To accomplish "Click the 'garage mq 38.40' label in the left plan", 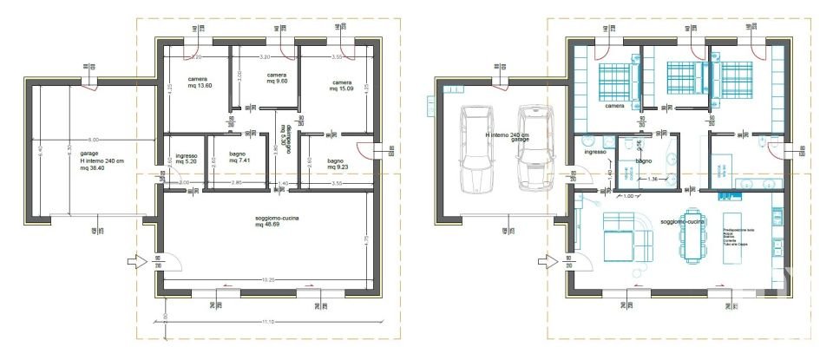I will pyautogui.click(x=91, y=160).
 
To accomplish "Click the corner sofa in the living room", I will pyautogui.click(x=630, y=236).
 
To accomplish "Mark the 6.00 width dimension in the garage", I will pyautogui.click(x=93, y=139).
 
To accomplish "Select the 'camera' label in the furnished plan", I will pyautogui.click(x=615, y=106).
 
